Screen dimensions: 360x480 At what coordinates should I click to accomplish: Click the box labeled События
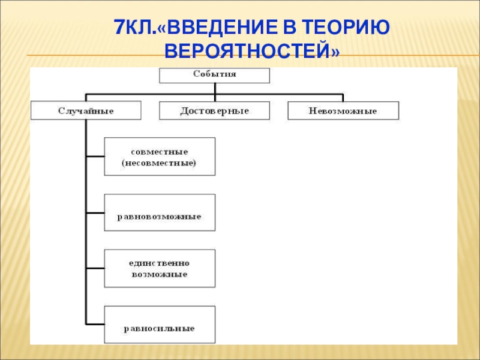(214, 75)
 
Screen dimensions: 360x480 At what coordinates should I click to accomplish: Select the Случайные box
(86, 110)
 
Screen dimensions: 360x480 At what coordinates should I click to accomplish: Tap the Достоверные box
(214, 110)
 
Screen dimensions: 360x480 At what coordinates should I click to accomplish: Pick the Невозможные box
(343, 110)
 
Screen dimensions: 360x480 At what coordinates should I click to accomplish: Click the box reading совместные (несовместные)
(160, 157)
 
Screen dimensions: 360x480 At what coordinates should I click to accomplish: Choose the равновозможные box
(160, 213)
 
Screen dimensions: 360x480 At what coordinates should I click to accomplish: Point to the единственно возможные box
(160, 268)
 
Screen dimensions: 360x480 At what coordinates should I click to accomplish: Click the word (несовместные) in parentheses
(160, 163)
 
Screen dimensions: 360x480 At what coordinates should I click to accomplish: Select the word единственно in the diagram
(160, 263)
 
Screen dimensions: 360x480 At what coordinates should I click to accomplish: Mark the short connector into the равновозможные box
(95, 213)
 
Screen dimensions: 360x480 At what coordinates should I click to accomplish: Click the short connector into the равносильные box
(95, 325)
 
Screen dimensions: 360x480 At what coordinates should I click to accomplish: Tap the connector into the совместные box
(95, 157)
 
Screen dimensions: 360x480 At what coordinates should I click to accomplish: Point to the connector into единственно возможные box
(95, 268)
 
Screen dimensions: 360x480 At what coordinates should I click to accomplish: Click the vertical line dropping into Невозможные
(343, 98)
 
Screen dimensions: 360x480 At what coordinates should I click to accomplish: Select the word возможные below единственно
(160, 274)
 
